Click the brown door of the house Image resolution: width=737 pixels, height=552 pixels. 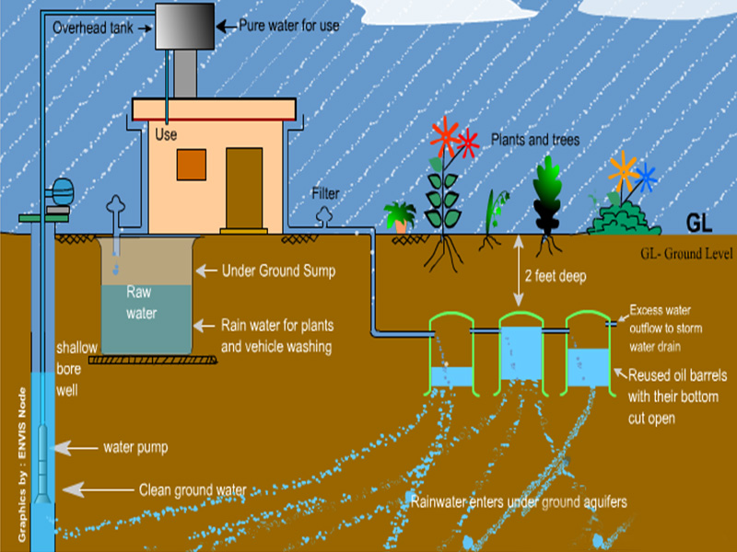click(x=243, y=188)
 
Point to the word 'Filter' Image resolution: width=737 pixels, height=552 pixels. click(x=324, y=194)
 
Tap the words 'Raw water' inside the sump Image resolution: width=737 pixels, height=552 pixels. click(x=142, y=303)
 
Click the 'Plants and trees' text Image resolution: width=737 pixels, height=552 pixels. click(x=534, y=141)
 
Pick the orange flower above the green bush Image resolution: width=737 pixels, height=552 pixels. click(x=622, y=169)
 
